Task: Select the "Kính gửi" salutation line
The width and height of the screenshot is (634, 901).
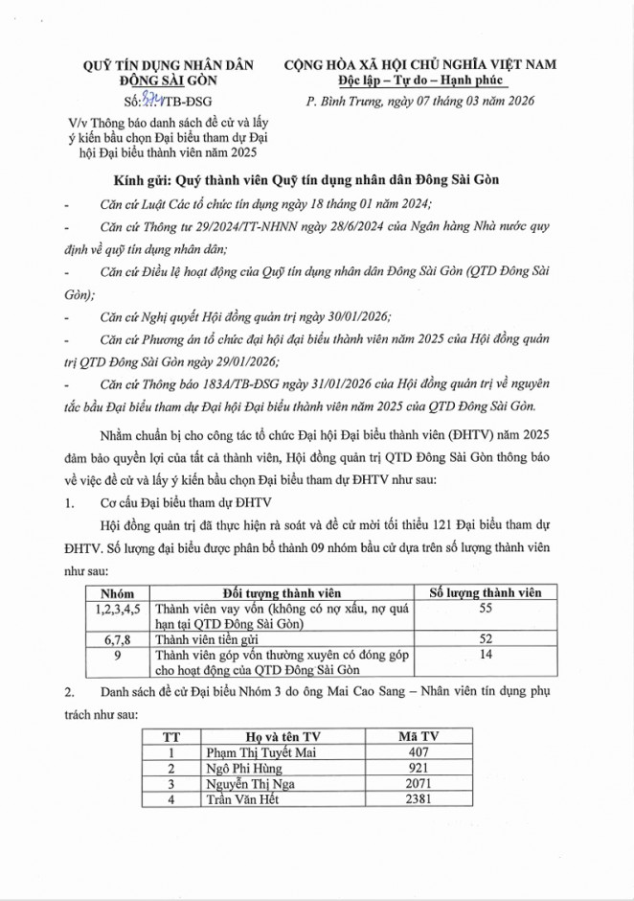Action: point(316,182)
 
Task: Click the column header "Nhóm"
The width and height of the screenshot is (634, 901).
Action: point(119,593)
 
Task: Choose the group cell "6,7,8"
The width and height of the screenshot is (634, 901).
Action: point(119,638)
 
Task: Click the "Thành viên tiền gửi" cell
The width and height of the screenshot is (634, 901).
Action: point(212,638)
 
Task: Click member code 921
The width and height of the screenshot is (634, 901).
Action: point(419,768)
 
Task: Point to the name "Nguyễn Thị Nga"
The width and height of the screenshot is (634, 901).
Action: point(246,783)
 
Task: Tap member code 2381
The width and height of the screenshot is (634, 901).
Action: point(419,798)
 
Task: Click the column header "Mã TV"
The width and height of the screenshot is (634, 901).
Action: point(419,736)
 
